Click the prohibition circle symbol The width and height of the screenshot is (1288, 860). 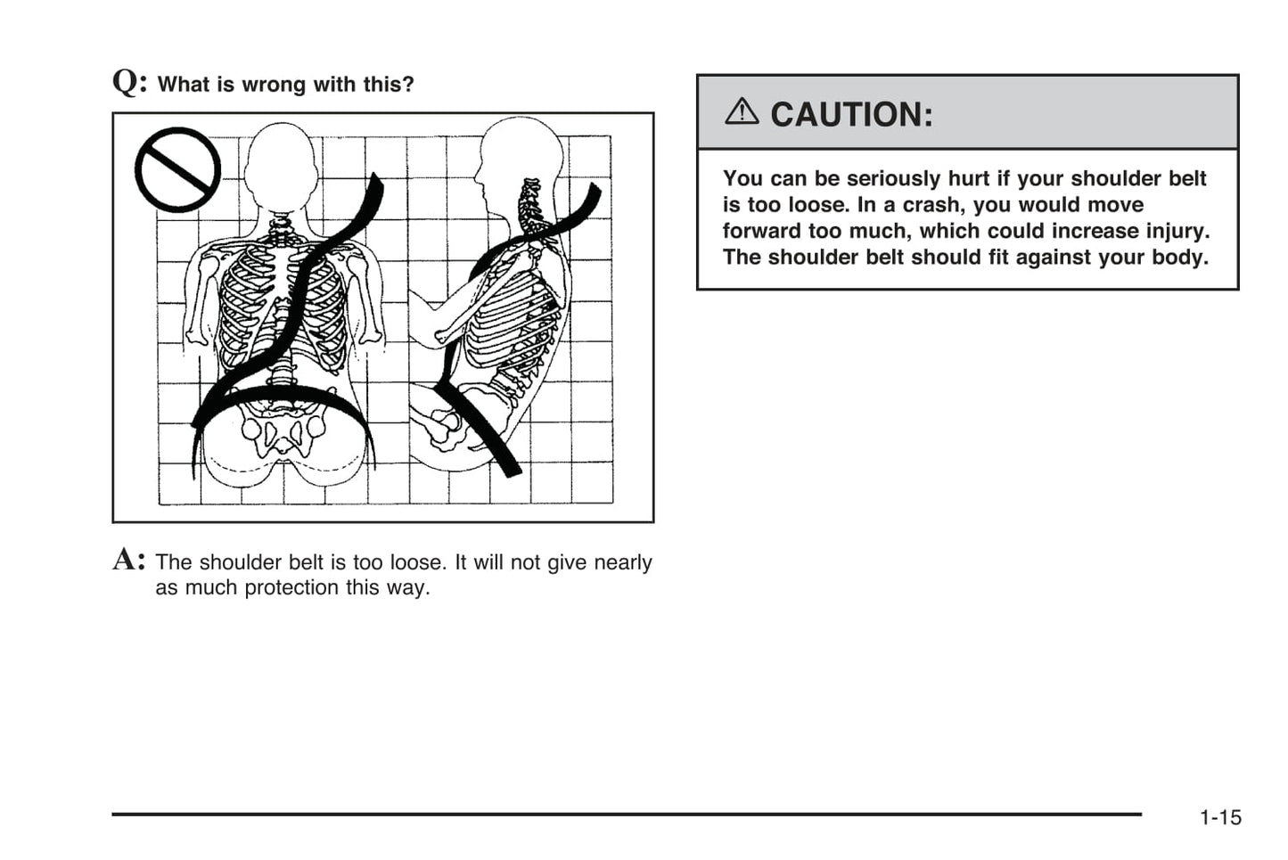pos(177,170)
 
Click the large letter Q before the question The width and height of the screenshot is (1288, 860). pos(128,82)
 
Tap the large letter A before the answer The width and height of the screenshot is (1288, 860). pos(128,560)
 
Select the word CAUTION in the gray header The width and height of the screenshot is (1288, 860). pos(850,114)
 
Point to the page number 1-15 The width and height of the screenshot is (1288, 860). pos(1219,817)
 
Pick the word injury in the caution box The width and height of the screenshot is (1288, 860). pos(1176,231)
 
